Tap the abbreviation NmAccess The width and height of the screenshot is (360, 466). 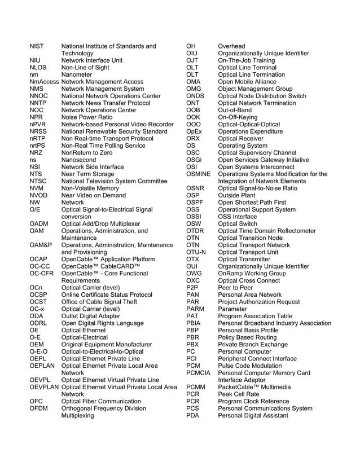[x=44, y=82]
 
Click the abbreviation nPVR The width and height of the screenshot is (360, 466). [x=38, y=124]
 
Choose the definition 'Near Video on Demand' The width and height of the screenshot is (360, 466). [x=94, y=195]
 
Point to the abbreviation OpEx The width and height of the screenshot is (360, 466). [x=194, y=131]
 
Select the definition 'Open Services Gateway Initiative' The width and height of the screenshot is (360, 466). [x=264, y=160]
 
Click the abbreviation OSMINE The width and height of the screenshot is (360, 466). [x=198, y=174]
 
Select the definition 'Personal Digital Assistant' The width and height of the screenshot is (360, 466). [x=253, y=415]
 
